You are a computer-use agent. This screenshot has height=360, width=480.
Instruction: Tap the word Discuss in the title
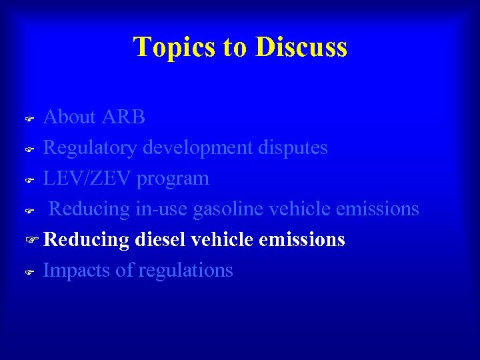pyautogui.click(x=301, y=47)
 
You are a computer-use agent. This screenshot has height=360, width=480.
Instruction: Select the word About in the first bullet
pyautogui.click(x=69, y=117)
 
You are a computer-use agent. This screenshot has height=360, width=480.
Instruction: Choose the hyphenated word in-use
pyautogui.click(x=162, y=209)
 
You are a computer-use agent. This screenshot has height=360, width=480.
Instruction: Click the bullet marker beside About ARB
pyautogui.click(x=29, y=119)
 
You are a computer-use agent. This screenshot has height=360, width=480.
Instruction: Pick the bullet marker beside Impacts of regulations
pyautogui.click(x=29, y=271)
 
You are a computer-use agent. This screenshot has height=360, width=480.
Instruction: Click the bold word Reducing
pyautogui.click(x=86, y=239)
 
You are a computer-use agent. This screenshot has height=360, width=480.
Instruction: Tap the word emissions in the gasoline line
pyautogui.click(x=377, y=209)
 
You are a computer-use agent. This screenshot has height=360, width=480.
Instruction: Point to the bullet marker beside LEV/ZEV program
pyautogui.click(x=29, y=180)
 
